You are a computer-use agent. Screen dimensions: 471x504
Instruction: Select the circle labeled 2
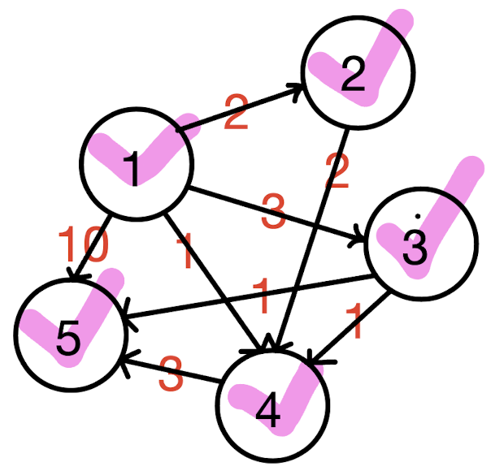[358, 72]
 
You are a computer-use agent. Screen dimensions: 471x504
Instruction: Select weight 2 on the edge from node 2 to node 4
[337, 170]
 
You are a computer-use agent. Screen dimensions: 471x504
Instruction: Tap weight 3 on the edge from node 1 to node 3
[273, 213]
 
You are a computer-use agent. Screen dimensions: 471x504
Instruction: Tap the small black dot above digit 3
[417, 216]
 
